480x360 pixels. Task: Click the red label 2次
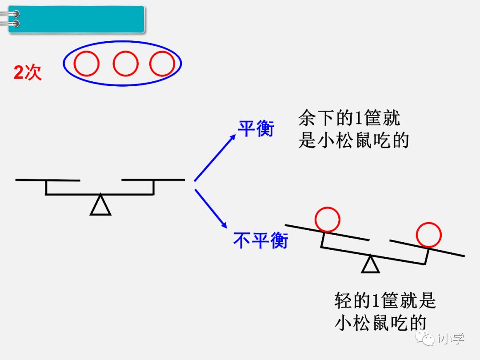point(28,72)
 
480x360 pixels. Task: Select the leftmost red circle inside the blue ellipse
point(86,64)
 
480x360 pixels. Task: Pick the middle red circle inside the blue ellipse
point(125,64)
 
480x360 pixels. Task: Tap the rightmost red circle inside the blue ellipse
point(162,64)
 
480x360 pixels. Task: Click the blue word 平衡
point(256,128)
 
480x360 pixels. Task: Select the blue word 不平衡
point(261,240)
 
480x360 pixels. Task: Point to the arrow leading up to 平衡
point(215,158)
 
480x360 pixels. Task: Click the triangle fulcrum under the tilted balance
point(370,264)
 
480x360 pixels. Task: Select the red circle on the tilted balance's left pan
point(327,219)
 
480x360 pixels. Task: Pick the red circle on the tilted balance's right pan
point(428,235)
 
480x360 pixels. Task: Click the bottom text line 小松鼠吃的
point(380,323)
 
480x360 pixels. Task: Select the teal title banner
point(76,19)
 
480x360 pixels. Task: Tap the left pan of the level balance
point(48,180)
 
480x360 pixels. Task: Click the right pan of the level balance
point(153,180)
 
